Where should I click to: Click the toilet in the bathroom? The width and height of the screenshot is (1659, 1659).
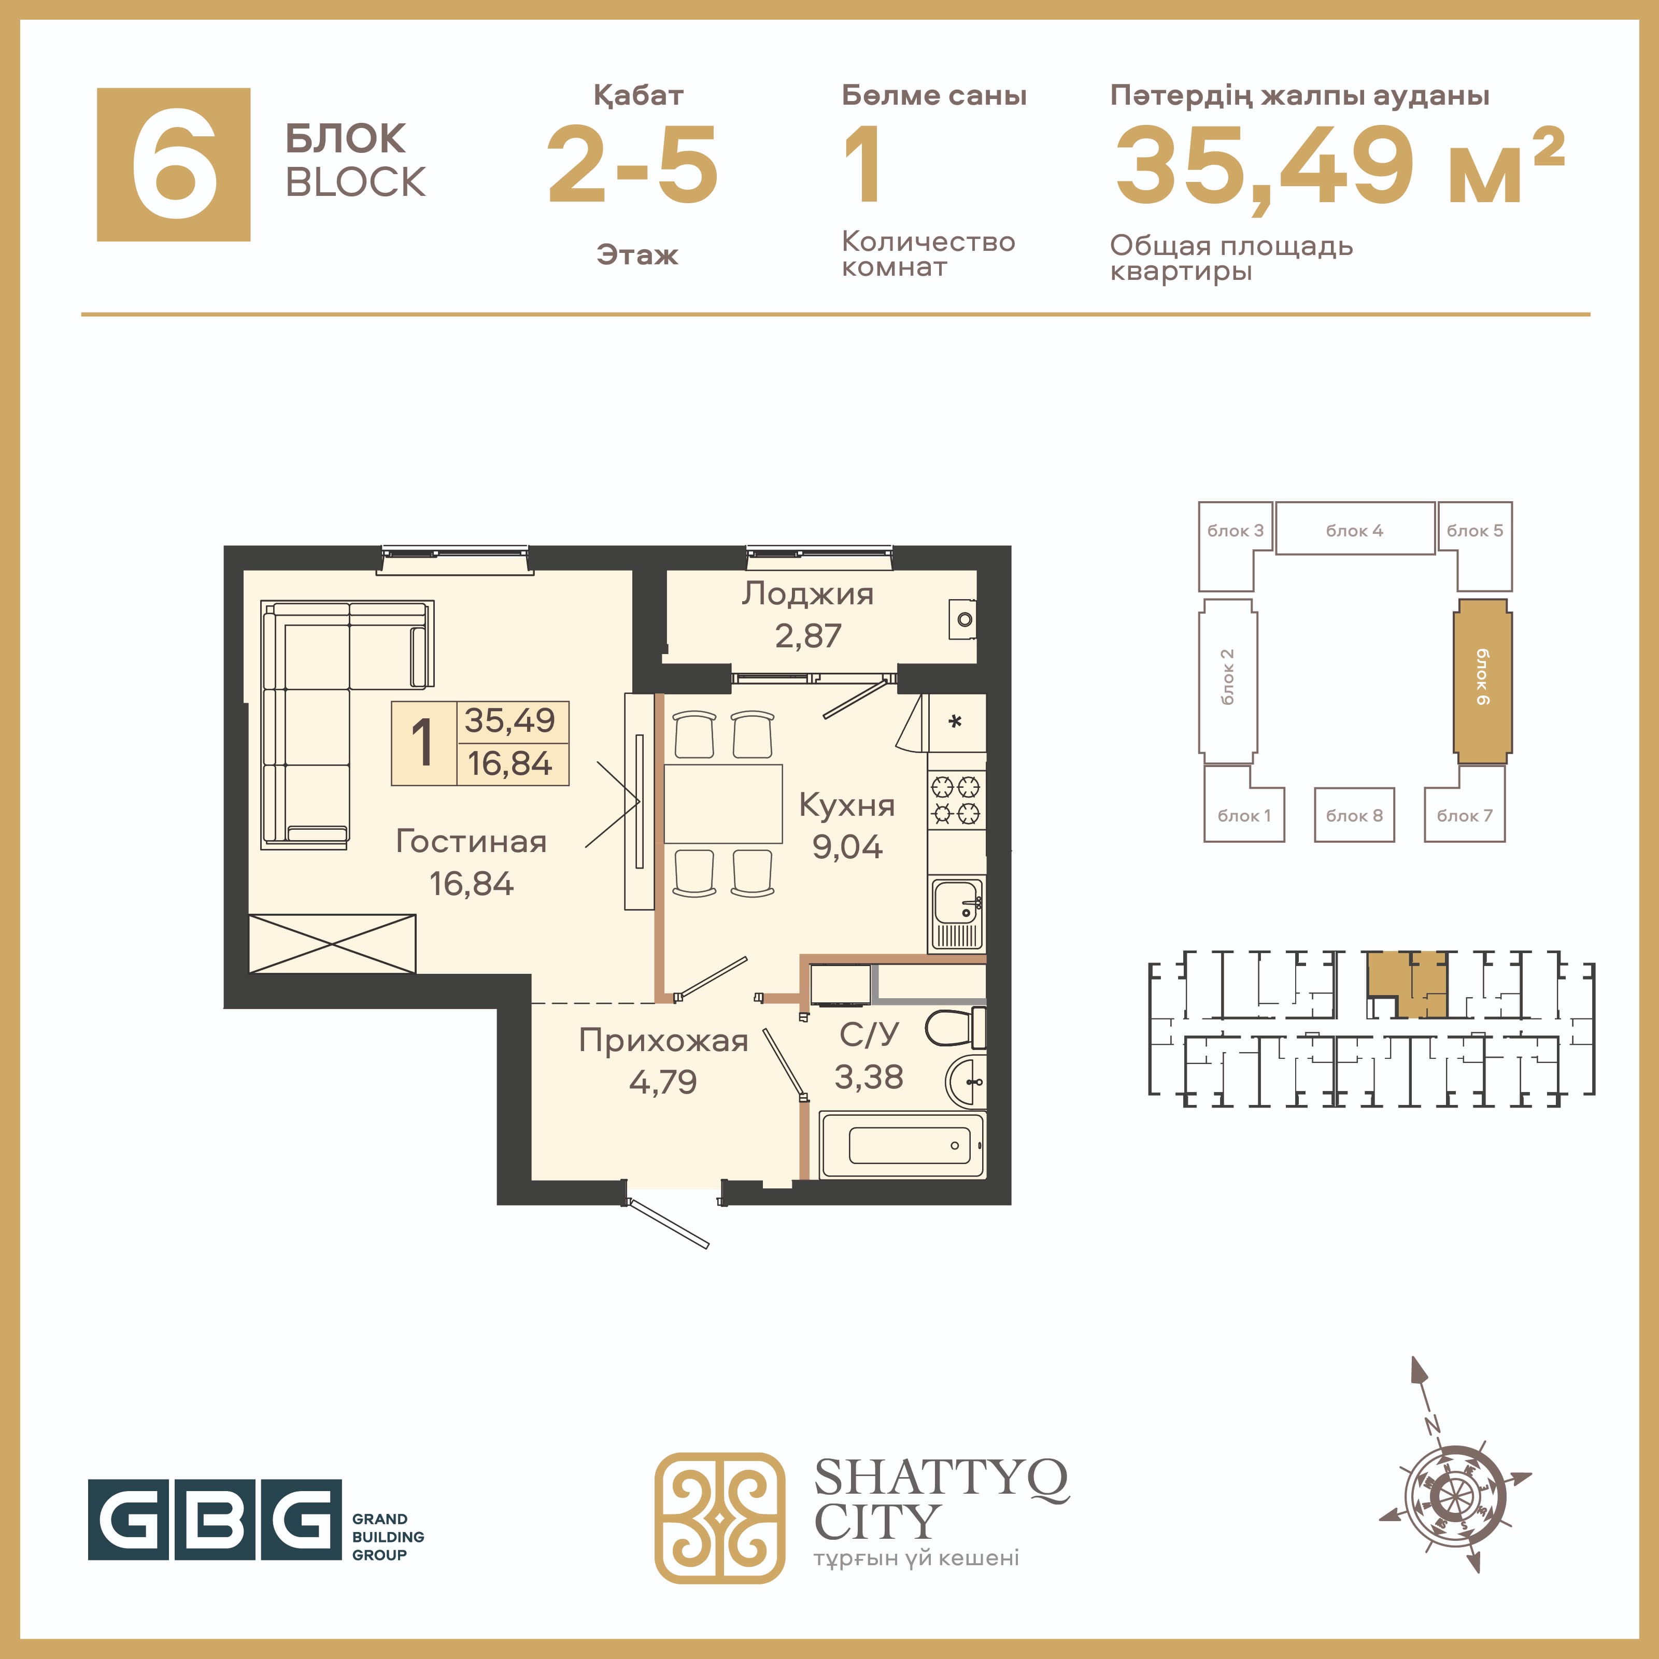(955, 1028)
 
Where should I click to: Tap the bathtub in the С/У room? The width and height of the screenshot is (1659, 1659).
(902, 1145)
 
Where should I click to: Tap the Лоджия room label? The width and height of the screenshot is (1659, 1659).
(808, 593)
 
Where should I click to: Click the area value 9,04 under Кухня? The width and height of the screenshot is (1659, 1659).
(847, 847)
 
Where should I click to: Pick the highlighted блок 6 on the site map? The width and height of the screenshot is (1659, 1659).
(1483, 681)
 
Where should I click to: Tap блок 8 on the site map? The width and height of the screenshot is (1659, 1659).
(1354, 815)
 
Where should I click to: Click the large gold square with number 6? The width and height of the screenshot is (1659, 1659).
(174, 164)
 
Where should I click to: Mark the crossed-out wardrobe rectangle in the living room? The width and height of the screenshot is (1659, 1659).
(332, 944)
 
